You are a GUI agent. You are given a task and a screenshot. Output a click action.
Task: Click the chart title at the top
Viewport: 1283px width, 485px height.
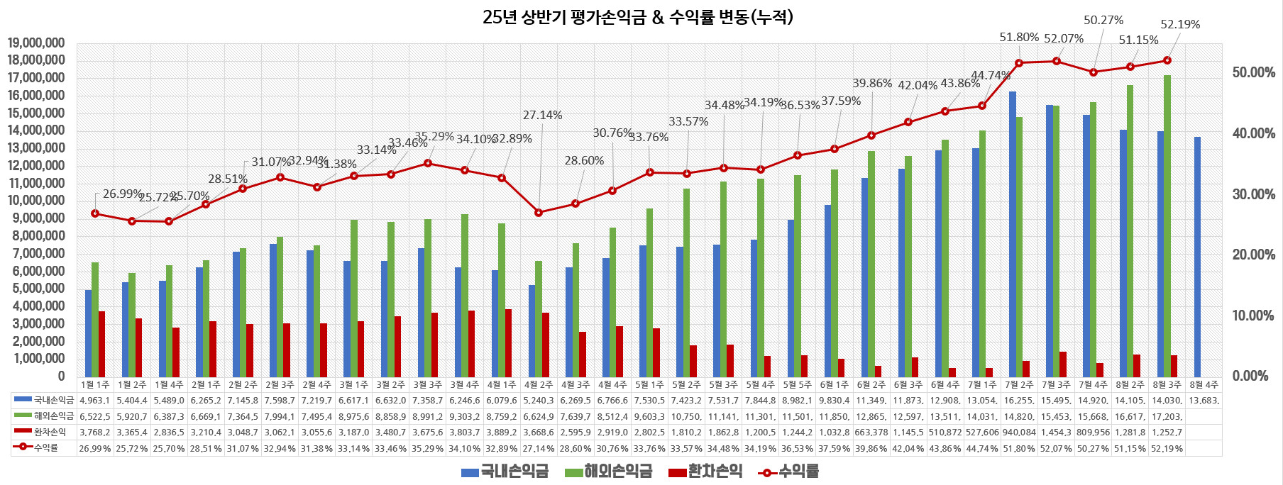(637, 17)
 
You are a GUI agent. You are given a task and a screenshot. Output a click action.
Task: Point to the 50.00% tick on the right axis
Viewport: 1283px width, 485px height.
(1253, 73)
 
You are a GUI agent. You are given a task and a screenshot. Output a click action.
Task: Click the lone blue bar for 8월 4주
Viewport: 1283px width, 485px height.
(1198, 257)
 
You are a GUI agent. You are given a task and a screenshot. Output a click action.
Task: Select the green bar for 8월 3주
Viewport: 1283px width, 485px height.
(1167, 225)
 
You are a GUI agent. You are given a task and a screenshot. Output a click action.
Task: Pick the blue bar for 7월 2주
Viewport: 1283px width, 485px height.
(1013, 234)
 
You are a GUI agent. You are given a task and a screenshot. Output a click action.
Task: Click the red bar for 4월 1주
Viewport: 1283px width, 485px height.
(508, 342)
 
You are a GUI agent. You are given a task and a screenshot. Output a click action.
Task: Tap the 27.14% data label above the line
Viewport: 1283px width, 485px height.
(542, 116)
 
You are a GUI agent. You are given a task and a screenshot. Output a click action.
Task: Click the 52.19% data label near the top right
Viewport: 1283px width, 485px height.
(1180, 25)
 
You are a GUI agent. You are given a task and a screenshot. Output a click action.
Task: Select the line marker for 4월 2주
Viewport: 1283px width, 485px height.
(539, 213)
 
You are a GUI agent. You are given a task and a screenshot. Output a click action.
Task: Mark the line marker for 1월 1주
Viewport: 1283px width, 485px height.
(95, 213)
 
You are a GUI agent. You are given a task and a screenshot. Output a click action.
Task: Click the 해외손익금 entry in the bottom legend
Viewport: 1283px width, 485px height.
(608, 472)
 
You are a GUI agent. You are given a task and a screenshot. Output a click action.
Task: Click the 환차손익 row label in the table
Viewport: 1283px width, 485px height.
(50, 432)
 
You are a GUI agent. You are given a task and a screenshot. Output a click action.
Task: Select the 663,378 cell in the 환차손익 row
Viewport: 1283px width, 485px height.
(871, 432)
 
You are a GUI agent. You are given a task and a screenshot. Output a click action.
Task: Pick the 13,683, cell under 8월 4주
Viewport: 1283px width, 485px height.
(1204, 401)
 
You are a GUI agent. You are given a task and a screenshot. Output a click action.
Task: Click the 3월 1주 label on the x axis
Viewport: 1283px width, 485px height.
(353, 385)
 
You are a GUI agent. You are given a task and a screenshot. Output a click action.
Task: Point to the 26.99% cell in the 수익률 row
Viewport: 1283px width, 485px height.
(95, 448)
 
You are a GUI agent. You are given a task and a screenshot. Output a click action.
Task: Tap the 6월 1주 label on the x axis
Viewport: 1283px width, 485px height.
(834, 385)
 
